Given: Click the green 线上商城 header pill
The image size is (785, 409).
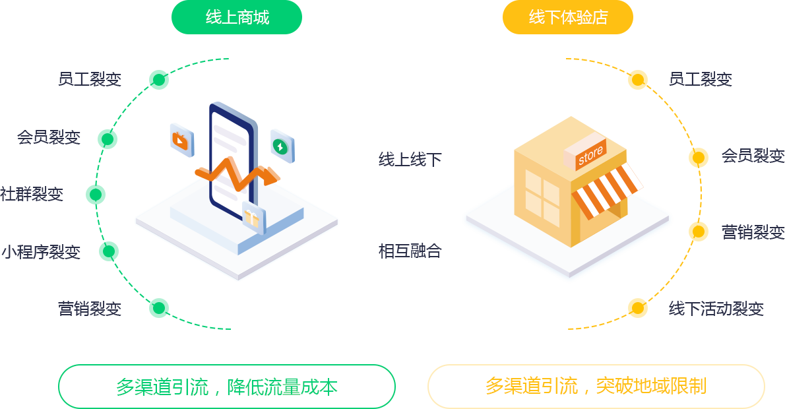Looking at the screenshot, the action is [237, 17].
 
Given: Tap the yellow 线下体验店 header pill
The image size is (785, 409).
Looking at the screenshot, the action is [568, 17].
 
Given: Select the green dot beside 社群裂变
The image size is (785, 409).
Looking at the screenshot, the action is [96, 194].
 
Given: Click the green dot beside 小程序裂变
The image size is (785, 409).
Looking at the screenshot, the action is [109, 251].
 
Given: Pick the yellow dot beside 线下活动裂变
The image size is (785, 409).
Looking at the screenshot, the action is [638, 308].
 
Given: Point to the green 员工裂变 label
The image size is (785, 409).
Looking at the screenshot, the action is [90, 79].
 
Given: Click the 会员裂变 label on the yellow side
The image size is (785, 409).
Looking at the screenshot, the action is [753, 156].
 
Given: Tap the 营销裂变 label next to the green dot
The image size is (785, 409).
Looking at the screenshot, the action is [90, 308].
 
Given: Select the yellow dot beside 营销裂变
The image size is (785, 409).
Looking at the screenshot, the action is [699, 232].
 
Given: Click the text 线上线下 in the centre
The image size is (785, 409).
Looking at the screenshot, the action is [410, 159].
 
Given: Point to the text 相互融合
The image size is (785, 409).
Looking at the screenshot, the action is [410, 251].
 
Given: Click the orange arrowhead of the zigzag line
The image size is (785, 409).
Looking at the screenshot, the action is [271, 176].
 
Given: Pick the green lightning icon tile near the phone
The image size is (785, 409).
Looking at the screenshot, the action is [282, 146].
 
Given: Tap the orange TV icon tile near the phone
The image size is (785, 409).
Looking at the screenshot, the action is [181, 140].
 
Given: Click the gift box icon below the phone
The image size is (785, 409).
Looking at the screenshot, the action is [253, 217].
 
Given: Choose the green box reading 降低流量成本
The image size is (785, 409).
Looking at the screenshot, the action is [227, 387].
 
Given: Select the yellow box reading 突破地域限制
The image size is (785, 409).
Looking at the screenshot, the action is [596, 387].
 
